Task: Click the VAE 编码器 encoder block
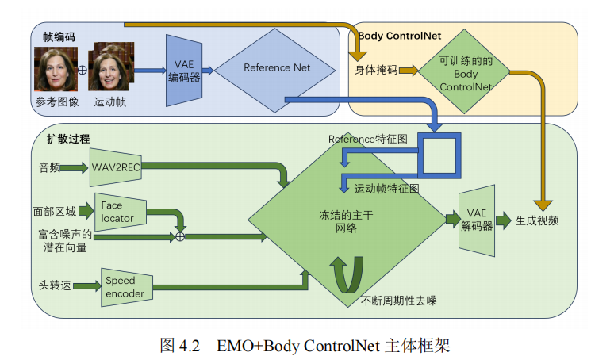tap(184, 71)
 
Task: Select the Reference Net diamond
tap(275, 71)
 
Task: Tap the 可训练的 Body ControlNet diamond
tap(464, 71)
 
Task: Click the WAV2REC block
tap(116, 167)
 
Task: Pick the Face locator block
tap(121, 212)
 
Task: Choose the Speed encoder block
tap(126, 287)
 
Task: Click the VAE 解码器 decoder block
tap(477, 220)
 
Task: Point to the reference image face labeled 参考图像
tap(56, 69)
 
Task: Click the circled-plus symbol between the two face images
tap(83, 70)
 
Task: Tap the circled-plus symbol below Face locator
tap(180, 236)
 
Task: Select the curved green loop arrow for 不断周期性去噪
tap(347, 274)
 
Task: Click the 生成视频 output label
tap(537, 220)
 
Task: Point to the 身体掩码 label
tap(376, 70)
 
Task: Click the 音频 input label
tap(49, 168)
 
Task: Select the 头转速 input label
tap(55, 285)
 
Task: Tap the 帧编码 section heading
tap(59, 37)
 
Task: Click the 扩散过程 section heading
tap(68, 139)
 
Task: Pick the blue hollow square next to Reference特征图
tap(439, 155)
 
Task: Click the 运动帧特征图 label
tap(386, 189)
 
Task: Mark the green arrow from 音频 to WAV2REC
tap(73, 168)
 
